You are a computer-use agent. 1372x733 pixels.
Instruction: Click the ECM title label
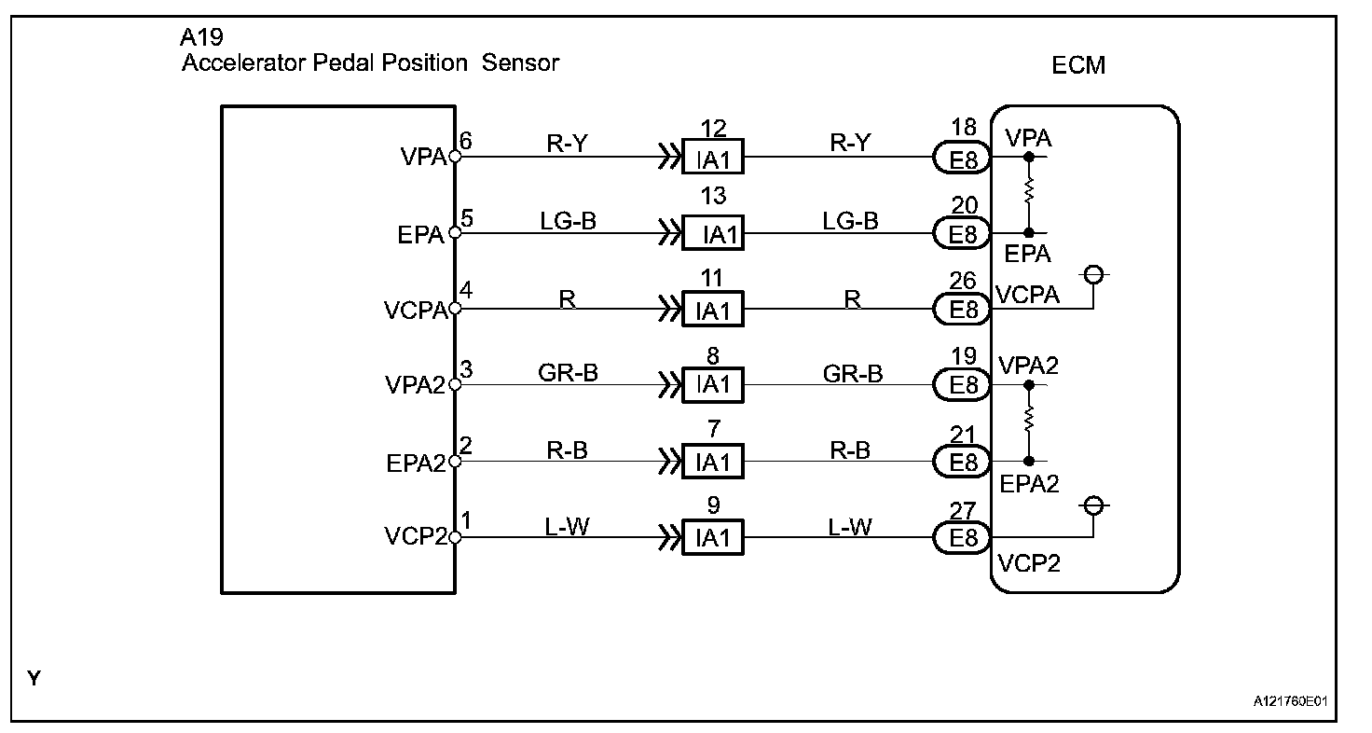1078,65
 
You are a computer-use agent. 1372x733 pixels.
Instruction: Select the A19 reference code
201,37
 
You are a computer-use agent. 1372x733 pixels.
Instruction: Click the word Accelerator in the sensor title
244,62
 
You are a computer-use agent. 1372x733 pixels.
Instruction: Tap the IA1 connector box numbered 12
713,157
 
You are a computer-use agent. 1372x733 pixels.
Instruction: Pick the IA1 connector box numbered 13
713,233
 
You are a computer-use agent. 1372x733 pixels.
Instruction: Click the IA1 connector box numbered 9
713,537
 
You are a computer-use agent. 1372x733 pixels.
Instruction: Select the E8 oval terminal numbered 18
962,158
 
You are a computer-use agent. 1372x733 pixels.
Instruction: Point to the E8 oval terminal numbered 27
962,537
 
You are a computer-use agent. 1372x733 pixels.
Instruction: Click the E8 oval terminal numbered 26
962,309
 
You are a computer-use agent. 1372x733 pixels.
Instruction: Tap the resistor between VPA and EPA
1029,190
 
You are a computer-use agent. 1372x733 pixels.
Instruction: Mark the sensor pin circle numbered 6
455,157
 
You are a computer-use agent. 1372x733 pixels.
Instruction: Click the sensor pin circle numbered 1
455,537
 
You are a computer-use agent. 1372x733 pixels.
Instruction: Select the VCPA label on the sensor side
416,311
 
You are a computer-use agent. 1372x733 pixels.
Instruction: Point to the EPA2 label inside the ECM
1029,484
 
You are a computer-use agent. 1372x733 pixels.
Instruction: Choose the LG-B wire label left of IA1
568,221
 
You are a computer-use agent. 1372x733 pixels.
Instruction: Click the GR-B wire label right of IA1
853,373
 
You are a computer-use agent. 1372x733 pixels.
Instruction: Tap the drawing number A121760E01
1291,701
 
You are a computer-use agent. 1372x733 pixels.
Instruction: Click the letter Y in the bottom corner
34,679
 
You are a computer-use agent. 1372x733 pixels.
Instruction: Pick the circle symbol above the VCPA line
1093,274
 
